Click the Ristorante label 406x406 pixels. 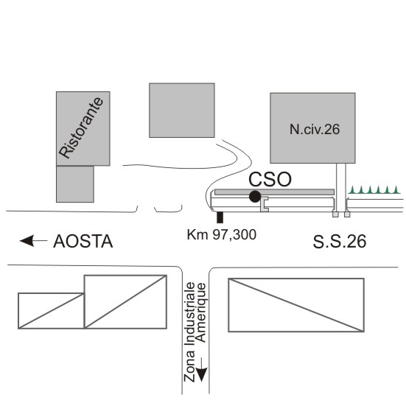(x=81, y=127)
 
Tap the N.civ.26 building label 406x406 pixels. (x=315, y=129)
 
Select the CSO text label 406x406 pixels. (x=270, y=179)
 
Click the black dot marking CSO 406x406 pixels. (x=255, y=197)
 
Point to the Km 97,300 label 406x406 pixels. (x=222, y=235)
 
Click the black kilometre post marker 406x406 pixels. (x=220, y=217)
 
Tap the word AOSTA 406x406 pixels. (x=83, y=242)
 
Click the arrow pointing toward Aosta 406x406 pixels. (x=33, y=241)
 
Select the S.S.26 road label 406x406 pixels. (x=340, y=242)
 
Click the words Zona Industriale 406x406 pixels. (x=189, y=332)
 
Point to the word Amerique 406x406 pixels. (x=201, y=312)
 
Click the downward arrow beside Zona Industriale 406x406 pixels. (x=201, y=370)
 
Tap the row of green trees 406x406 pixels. (x=374, y=189)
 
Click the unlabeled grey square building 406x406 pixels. (x=182, y=111)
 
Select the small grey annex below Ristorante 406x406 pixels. (x=75, y=184)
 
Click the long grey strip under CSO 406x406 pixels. (x=274, y=192)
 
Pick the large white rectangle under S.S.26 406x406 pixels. (x=296, y=305)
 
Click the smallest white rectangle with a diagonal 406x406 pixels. (x=51, y=311)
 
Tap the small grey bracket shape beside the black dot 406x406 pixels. (x=265, y=204)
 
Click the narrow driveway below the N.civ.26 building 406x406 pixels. (x=341, y=188)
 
